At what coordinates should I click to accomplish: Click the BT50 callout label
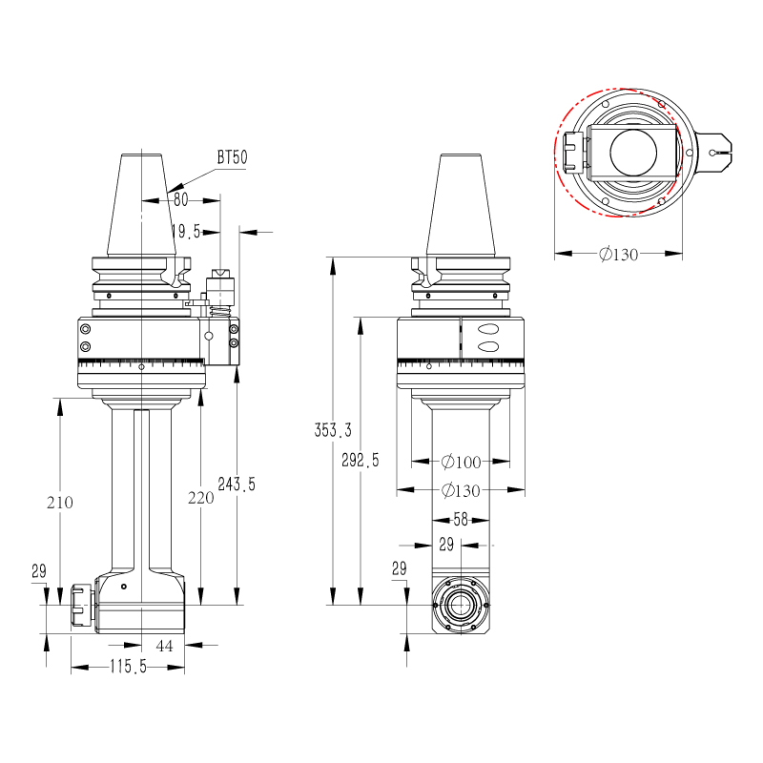(x=232, y=158)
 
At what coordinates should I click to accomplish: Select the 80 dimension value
(x=179, y=199)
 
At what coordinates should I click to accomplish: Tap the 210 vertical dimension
(x=60, y=502)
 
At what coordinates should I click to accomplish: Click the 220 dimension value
(x=201, y=497)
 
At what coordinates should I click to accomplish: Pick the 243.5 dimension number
(x=237, y=484)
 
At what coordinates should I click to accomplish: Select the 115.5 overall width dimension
(x=127, y=668)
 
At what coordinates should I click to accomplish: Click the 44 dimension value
(x=164, y=646)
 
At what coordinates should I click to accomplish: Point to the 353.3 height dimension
(x=333, y=430)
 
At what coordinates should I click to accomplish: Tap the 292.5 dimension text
(x=361, y=460)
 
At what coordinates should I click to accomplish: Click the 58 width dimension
(x=461, y=520)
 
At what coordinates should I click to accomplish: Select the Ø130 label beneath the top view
(x=619, y=254)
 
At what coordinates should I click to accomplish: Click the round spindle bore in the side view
(x=461, y=606)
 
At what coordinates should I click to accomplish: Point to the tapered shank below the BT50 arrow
(x=142, y=205)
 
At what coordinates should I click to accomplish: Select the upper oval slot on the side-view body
(x=488, y=330)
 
